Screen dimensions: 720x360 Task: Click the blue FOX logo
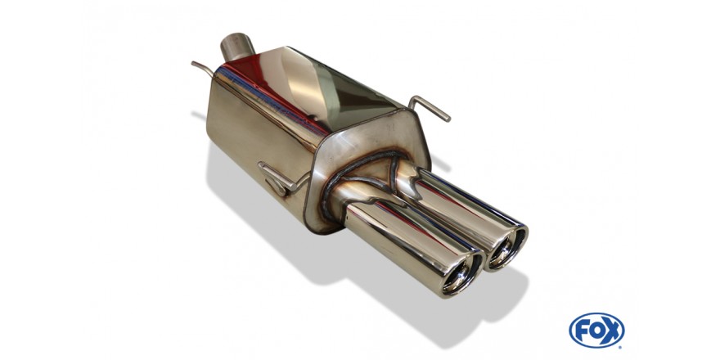tap(596, 331)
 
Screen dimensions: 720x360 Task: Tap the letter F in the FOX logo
tap(583, 331)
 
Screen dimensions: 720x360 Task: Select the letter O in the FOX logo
tap(596, 331)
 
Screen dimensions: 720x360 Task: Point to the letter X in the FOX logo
tap(612, 331)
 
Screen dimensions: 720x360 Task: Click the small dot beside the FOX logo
tap(621, 346)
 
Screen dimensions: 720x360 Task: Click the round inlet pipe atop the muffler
tap(237, 47)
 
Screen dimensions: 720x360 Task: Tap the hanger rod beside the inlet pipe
tap(203, 69)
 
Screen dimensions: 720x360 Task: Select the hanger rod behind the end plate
tap(430, 108)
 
